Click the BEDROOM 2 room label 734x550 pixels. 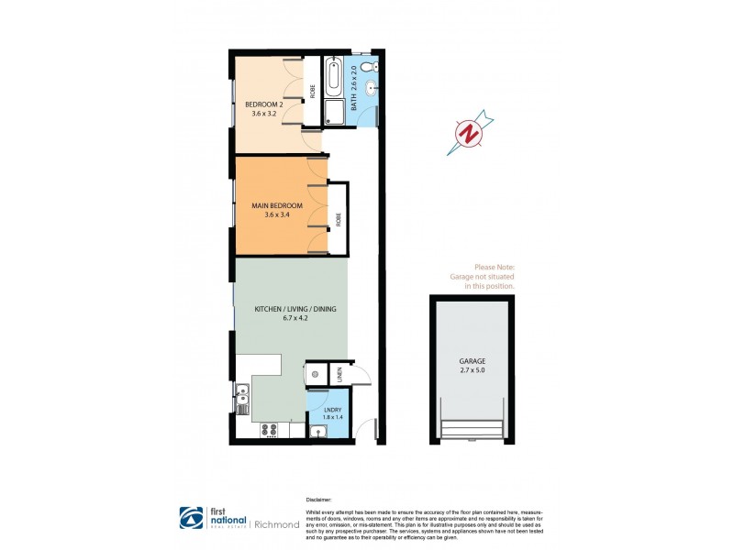tap(263, 104)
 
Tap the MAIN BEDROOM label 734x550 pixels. tap(277, 205)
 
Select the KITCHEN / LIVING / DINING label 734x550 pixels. tap(295, 310)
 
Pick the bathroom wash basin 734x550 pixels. tap(370, 89)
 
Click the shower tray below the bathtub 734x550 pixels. tap(335, 113)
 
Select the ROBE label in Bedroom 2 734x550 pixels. tap(312, 91)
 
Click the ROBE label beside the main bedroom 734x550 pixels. tap(338, 219)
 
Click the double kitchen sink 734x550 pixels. tap(241, 399)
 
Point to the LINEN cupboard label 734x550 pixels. tap(339, 373)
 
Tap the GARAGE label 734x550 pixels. tap(473, 362)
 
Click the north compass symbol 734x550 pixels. tap(470, 134)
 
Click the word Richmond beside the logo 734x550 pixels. tap(275, 524)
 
